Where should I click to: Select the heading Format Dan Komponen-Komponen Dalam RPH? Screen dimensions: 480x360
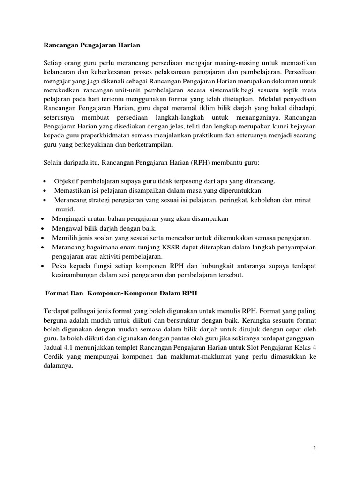tap(121, 293)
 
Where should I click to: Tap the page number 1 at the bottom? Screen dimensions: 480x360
tap(315, 448)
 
